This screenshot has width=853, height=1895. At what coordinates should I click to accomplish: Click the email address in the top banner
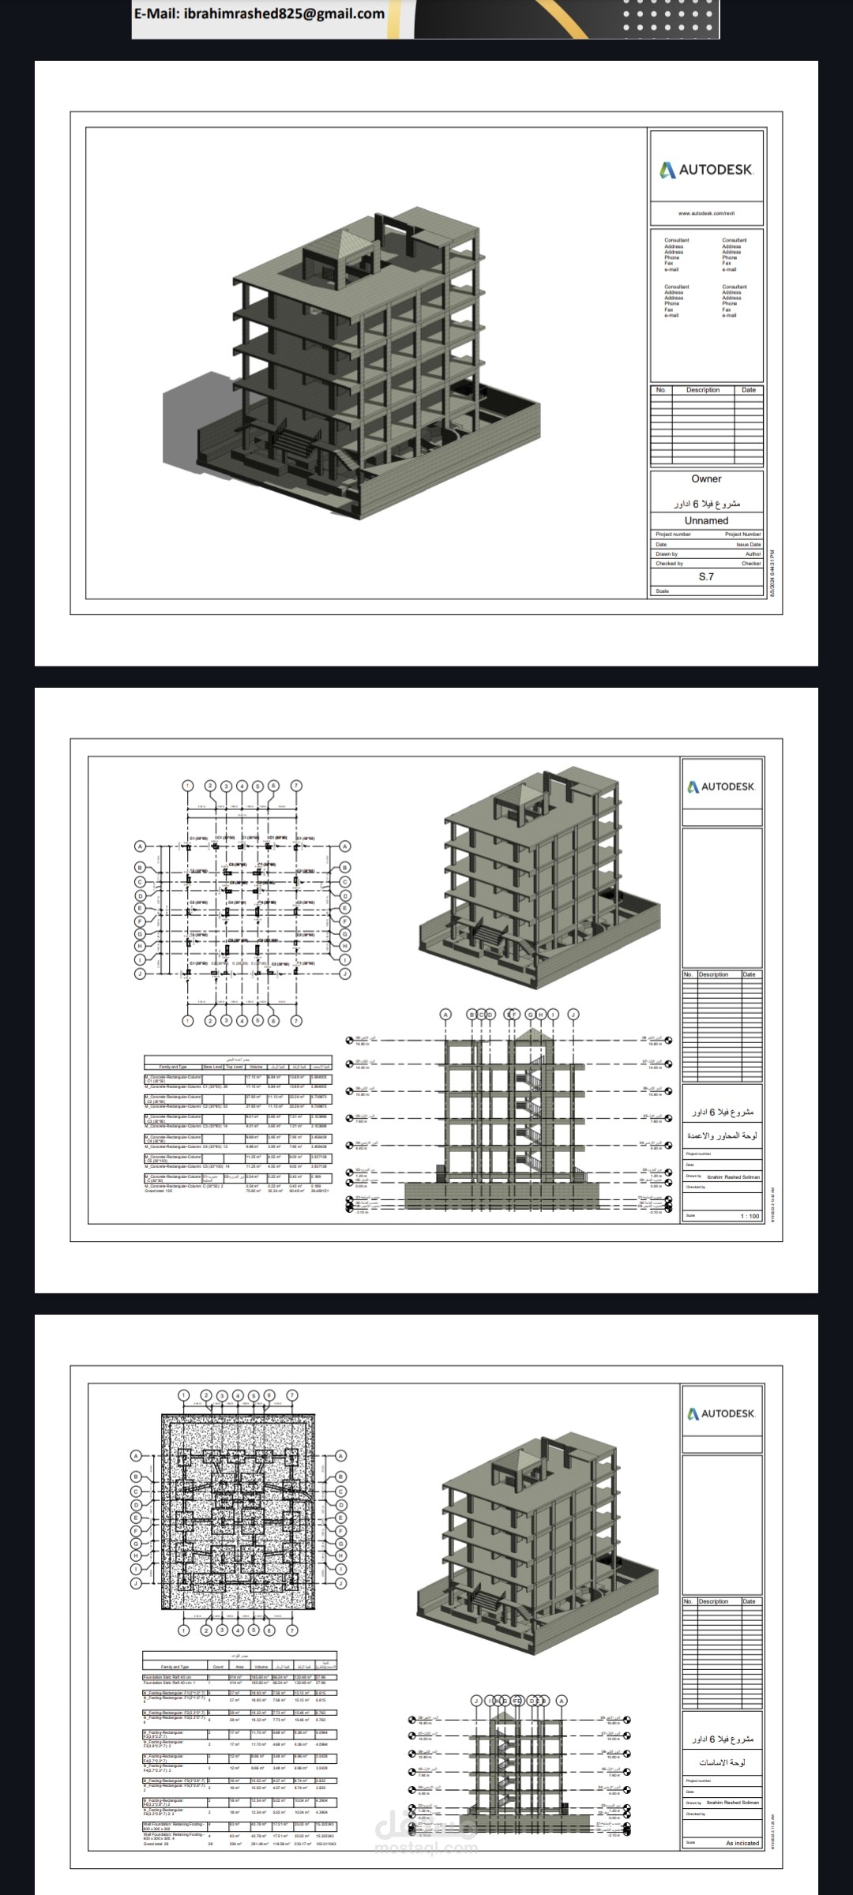pos(260,13)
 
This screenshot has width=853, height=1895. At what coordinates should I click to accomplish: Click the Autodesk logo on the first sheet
pos(706,170)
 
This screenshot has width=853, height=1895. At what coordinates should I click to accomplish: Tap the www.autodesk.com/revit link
pos(706,213)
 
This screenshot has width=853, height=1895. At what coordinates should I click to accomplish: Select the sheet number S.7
pos(706,576)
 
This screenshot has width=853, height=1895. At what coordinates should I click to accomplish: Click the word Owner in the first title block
pos(706,478)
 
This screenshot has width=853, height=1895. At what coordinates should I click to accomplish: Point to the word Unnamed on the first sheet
pos(706,520)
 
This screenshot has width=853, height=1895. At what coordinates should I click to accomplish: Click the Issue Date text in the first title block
pos(748,544)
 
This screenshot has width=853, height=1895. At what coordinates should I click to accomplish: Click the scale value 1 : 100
pos(749,1216)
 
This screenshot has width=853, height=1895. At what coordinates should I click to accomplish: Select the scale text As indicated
pos(742,1843)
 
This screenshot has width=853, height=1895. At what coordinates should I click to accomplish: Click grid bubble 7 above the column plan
pos(296,786)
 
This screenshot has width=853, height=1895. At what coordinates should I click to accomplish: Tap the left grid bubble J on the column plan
pos(140,974)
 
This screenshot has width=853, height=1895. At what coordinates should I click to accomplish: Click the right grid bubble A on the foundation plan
pos(341,1456)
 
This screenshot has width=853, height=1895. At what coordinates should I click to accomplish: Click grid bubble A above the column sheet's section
pos(445,1015)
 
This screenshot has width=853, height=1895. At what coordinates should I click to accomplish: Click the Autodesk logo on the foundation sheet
pos(721,1413)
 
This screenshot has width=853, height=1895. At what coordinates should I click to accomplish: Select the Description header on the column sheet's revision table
pos(713,974)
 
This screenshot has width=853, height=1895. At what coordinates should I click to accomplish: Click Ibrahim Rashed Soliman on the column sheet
pos(733,1176)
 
